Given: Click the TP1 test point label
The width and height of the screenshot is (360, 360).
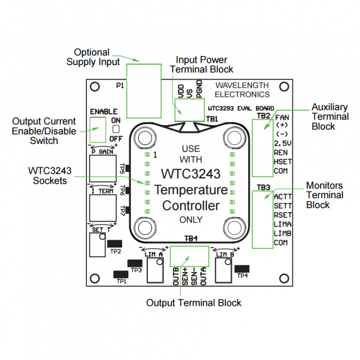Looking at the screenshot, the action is coord(121,281).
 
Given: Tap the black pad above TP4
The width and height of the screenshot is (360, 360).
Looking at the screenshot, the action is coord(242,269).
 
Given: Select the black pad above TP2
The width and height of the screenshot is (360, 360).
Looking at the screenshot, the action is coord(115,243).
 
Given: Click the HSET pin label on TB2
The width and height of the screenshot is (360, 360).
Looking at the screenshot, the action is coord(283,162).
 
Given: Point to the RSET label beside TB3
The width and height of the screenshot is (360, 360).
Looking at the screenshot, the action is coord(283,215).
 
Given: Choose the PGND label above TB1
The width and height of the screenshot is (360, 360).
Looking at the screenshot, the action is coord(199,89).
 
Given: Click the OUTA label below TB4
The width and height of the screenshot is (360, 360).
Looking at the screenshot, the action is coord(203,276).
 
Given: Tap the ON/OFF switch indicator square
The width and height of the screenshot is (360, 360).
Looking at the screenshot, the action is coord(116,129).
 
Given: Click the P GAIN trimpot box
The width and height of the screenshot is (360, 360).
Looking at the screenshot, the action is coord(103,168).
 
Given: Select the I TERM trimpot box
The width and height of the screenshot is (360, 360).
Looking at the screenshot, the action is coord(103,208).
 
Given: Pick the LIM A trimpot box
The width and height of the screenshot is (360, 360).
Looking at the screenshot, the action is coord(155,270).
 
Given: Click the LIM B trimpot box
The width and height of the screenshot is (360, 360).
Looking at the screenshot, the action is coord(223,270).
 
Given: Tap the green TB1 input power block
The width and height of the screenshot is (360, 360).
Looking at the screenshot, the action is coord(189,110).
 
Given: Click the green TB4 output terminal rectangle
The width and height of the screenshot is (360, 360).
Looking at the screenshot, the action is coord(189,257).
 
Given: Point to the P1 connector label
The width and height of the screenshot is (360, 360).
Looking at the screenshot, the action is coord(120,86).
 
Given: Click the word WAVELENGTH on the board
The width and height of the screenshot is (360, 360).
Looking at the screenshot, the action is coord(242,86).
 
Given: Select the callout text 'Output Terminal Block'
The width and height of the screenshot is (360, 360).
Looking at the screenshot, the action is coord(194,303).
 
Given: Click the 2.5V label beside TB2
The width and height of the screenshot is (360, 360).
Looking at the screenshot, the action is coord(282,144).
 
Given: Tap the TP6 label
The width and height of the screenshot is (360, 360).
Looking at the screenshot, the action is coord(123,190).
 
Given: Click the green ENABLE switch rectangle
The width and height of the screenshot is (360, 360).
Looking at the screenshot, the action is coord(98,130).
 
